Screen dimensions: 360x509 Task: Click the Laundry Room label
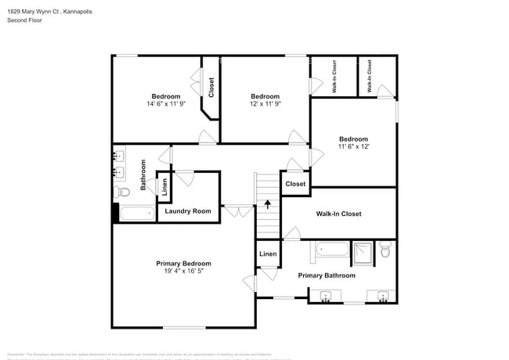pyautogui.click(x=188, y=211)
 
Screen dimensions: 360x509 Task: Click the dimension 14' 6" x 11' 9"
pyautogui.click(x=166, y=104)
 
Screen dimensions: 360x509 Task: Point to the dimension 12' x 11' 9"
pyautogui.click(x=265, y=104)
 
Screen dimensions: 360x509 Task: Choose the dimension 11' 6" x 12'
pyautogui.click(x=353, y=146)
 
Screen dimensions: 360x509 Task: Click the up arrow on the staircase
pyautogui.click(x=268, y=205)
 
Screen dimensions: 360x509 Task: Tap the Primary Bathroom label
pyautogui.click(x=327, y=275)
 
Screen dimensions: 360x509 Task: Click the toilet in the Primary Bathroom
pyautogui.click(x=384, y=251)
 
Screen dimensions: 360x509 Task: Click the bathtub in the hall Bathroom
pyautogui.click(x=139, y=214)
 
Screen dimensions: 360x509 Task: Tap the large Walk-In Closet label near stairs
pyautogui.click(x=338, y=214)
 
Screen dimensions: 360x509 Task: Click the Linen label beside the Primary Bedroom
pyautogui.click(x=268, y=254)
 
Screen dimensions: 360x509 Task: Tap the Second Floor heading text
pyautogui.click(x=25, y=20)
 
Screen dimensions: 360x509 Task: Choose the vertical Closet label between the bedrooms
pyautogui.click(x=211, y=86)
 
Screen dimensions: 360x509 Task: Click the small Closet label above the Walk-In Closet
pyautogui.click(x=295, y=184)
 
